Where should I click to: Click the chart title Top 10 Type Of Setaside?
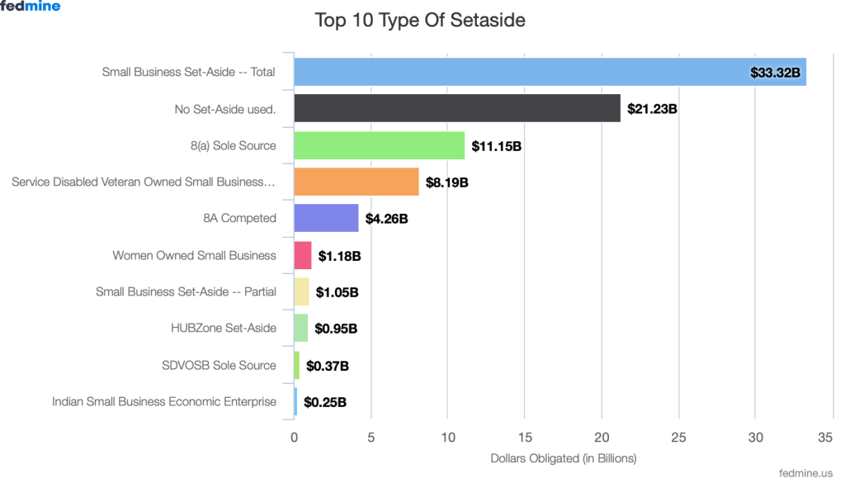coord(420,20)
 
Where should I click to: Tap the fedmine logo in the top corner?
coord(30,7)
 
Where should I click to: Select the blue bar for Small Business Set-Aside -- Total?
coord(520,72)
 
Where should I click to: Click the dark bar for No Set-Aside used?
coord(456,108)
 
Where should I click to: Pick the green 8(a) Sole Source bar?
coord(379,145)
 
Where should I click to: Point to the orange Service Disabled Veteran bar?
coord(356,182)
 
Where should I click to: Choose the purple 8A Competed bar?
coord(326,219)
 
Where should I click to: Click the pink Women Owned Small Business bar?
coord(303,255)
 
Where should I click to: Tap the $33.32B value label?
coord(775,73)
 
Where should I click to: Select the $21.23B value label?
coord(652,109)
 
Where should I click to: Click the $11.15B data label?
coord(496,146)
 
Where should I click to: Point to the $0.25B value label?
coord(324,403)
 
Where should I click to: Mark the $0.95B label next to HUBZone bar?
coord(336,329)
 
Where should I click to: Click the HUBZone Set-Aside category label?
coord(223,328)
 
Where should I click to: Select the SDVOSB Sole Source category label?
coord(219,365)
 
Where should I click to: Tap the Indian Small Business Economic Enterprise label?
coord(163,401)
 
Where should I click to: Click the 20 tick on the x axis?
coord(602,438)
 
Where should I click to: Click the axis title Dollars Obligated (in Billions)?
coord(564,457)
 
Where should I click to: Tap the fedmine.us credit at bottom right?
coord(805,473)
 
